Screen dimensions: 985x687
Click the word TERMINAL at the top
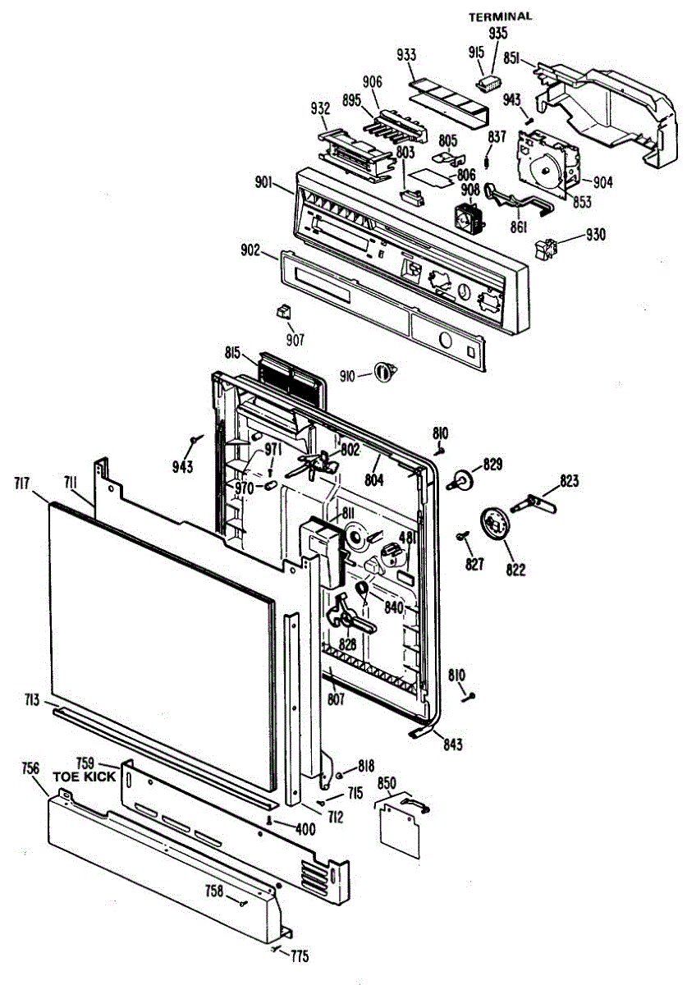click(500, 16)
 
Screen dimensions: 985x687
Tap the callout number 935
click(498, 33)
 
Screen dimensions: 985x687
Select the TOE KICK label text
click(85, 776)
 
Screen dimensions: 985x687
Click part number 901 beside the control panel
click(264, 182)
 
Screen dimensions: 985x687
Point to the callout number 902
click(250, 251)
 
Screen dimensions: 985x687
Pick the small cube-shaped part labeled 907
click(283, 310)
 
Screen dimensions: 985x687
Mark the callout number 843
click(453, 744)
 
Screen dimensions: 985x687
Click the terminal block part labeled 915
click(490, 83)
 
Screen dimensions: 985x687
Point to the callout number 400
click(305, 829)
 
